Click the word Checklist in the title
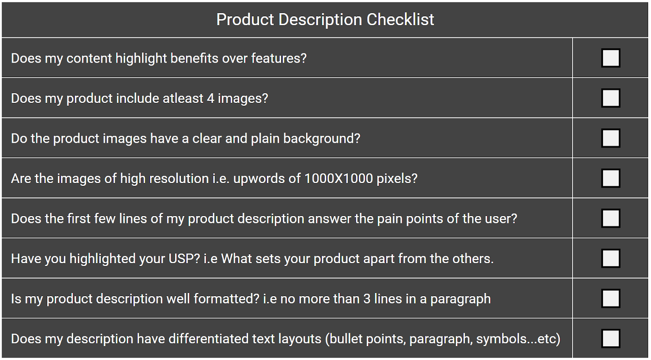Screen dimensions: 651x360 pyautogui.click(x=400, y=20)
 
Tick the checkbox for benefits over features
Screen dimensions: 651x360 pyautogui.click(x=611, y=58)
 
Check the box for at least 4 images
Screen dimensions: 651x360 pyautogui.click(x=611, y=98)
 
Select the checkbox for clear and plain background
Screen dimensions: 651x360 pyautogui.click(x=611, y=138)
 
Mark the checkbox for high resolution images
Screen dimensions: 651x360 pyautogui.click(x=611, y=178)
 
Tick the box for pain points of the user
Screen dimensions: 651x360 pyautogui.click(x=611, y=218)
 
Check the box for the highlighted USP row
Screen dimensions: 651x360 pyautogui.click(x=611, y=258)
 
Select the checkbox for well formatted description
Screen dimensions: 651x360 pyautogui.click(x=611, y=299)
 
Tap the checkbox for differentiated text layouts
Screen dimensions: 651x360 pyautogui.click(x=611, y=338)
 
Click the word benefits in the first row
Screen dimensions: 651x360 pyautogui.click(x=194, y=58)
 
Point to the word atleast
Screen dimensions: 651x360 pyautogui.click(x=183, y=98)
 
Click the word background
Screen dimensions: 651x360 pyautogui.click(x=322, y=139)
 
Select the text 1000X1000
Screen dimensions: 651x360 pyautogui.click(x=339, y=179)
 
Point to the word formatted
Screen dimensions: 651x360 pyautogui.click(x=226, y=299)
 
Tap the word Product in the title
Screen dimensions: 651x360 pyautogui.click(x=245, y=20)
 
